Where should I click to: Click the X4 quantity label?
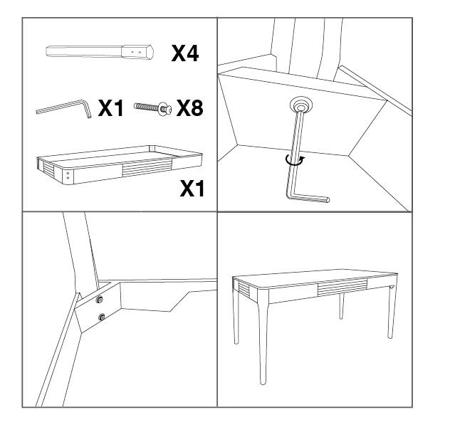point(184,53)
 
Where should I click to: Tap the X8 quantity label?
point(189,108)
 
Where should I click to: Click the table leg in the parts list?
point(93,52)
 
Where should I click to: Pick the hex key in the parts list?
point(64,109)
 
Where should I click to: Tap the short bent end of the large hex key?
point(310,200)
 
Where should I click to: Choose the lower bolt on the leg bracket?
point(102,317)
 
